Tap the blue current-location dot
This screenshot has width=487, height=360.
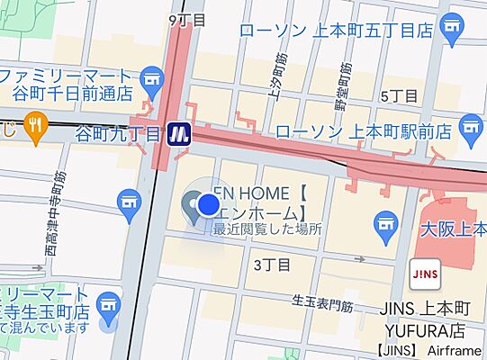click(208, 205)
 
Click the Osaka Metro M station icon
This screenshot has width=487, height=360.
click(181, 133)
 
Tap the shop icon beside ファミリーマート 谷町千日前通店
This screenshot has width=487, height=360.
click(152, 83)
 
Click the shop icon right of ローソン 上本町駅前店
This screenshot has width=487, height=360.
click(469, 131)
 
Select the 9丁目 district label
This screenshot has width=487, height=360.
click(187, 19)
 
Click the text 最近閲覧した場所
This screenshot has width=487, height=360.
click(266, 229)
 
